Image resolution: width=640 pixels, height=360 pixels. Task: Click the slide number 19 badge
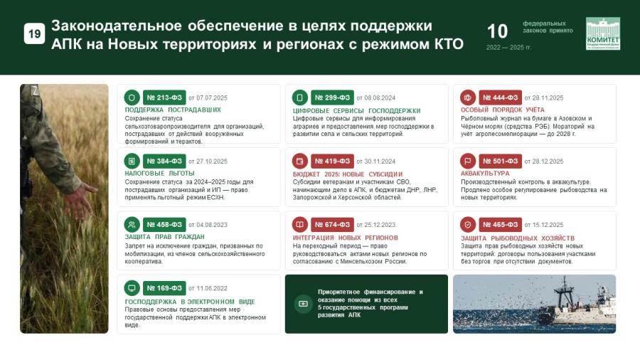[34, 34]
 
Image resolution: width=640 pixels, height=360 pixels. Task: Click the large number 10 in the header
[497, 31]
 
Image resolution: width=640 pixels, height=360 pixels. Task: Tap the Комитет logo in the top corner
[603, 33]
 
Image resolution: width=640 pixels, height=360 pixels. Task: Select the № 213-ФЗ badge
[164, 97]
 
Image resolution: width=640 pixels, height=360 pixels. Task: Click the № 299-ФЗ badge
[332, 97]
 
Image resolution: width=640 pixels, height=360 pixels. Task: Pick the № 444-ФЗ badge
[501, 97]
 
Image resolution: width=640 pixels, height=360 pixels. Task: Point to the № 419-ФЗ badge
[332, 162]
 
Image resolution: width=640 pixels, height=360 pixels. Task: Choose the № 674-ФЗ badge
[332, 225]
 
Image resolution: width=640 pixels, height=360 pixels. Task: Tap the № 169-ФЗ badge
[164, 288]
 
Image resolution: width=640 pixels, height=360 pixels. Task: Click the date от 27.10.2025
[208, 162]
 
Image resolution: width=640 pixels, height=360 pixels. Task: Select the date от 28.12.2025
[544, 162]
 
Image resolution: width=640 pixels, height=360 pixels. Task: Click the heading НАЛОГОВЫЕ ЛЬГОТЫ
[159, 174]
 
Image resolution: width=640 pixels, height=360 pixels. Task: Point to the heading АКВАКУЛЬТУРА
[485, 174]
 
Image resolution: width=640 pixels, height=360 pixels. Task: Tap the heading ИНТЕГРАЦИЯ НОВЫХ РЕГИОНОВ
[346, 238]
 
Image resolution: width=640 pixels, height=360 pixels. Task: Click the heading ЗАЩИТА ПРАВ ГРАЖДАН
[164, 237]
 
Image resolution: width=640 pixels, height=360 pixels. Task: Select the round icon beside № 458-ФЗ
[132, 225]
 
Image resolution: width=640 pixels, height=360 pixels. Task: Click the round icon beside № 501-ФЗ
[468, 162]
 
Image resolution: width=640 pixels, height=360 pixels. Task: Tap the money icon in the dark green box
[303, 304]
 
